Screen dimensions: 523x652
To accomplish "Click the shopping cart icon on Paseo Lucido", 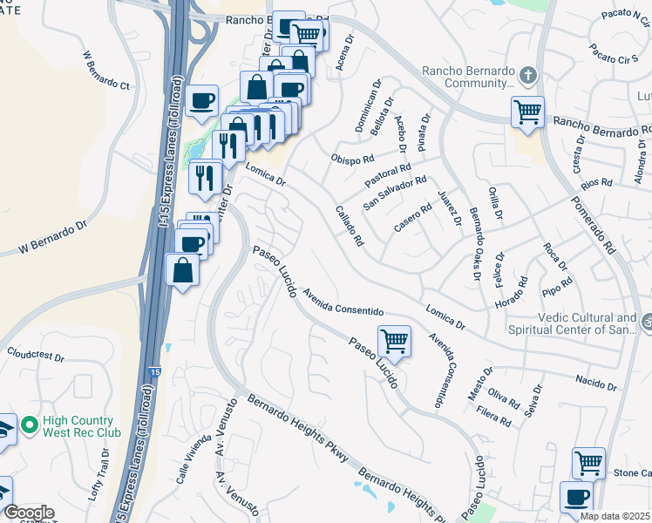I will [394, 341].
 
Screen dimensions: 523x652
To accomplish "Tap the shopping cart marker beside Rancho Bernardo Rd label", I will [527, 112].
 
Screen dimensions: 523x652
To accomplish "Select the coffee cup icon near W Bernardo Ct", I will [201, 101].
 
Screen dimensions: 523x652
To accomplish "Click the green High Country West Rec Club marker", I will [29, 425].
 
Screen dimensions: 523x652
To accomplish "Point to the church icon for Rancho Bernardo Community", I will [526, 76].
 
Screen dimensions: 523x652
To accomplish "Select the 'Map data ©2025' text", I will [615, 516].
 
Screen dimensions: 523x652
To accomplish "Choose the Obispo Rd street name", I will [352, 159].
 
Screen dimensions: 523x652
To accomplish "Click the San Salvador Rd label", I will [395, 194].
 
